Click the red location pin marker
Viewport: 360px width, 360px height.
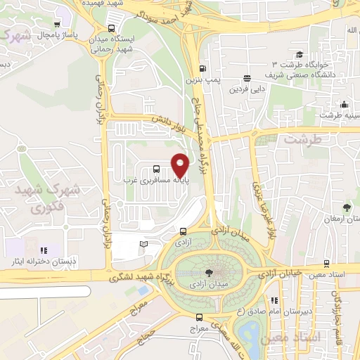coord(181,166)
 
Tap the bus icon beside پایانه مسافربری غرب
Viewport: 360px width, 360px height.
coord(156,169)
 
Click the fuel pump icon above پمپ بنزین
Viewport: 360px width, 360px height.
coord(202,69)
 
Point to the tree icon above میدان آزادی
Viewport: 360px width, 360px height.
coord(209,273)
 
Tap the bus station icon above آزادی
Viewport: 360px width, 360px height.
coord(183,231)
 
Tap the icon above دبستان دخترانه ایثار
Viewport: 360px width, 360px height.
coord(44,250)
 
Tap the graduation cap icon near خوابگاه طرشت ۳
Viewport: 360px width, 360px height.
coord(300,54)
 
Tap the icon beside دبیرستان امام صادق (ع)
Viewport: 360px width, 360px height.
coord(274,301)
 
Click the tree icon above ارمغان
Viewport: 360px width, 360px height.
coord(347,207)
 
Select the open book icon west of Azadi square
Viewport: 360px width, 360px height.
coord(143,243)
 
